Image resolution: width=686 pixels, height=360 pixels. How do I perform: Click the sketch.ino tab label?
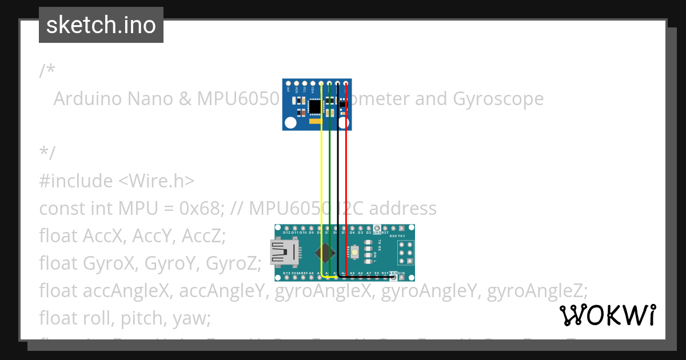(101, 25)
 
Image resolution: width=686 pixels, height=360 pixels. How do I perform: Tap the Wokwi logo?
(607, 315)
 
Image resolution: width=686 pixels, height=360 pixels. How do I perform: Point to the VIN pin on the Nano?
(402, 278)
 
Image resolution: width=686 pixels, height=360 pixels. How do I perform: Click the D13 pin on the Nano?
(286, 278)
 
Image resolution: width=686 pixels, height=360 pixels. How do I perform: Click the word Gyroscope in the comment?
(498, 99)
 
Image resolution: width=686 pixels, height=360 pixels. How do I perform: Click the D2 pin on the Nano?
(369, 229)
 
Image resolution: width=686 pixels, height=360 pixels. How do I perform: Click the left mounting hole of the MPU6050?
(291, 122)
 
